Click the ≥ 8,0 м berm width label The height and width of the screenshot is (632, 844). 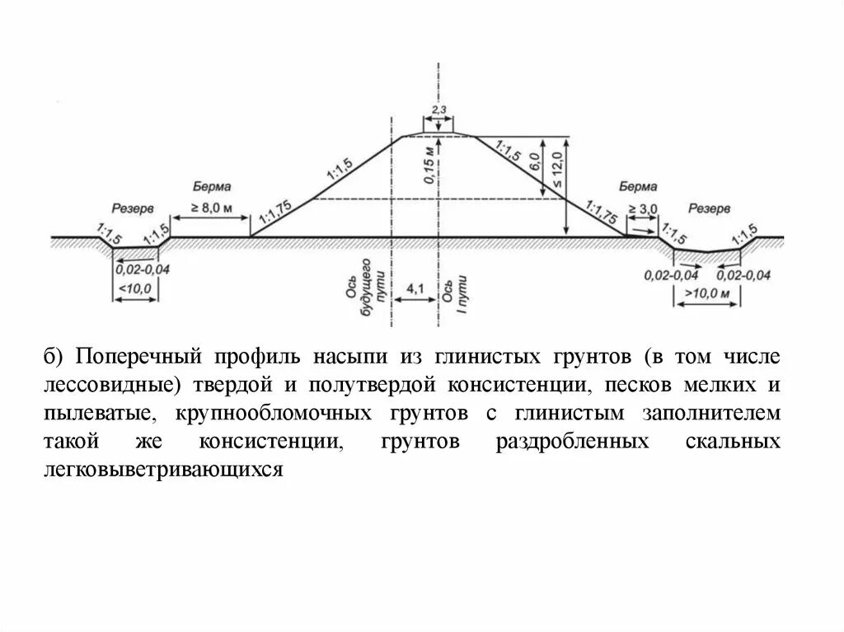pos(211,207)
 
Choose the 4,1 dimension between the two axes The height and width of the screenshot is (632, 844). pos(415,288)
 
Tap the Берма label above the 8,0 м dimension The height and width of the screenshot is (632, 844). pos(212,187)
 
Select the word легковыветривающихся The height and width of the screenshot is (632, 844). pos(165,469)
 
